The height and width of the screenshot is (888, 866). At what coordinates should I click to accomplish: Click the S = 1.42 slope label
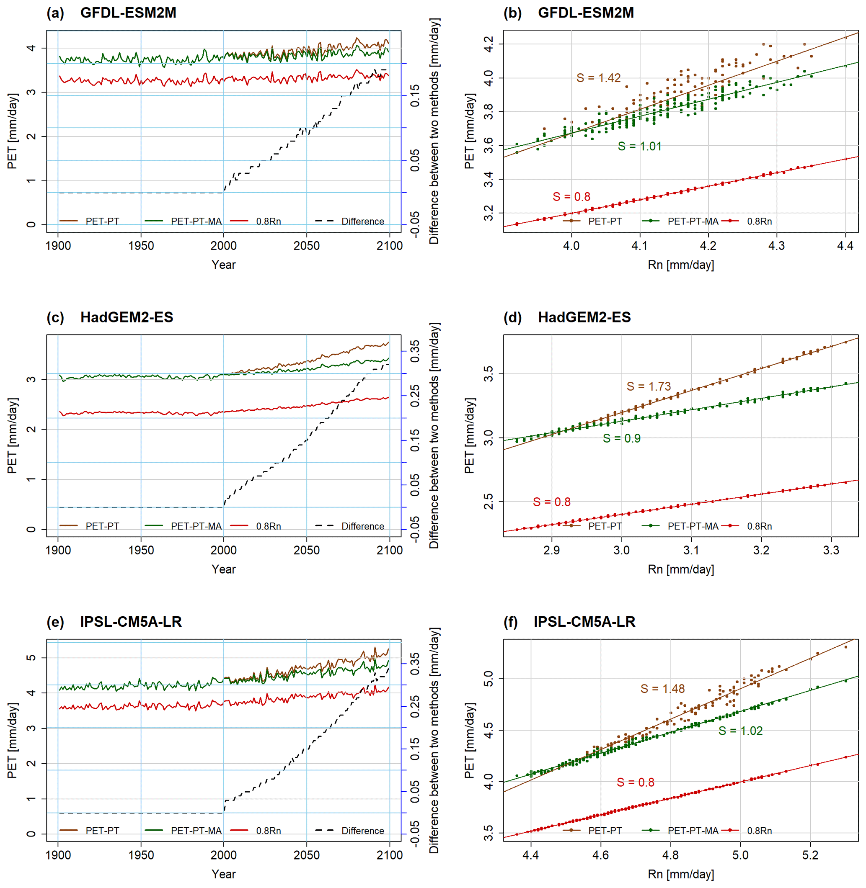click(598, 78)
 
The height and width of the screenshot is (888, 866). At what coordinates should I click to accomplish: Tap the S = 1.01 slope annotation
click(639, 147)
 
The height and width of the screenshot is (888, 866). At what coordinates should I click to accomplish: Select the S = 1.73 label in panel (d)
click(648, 386)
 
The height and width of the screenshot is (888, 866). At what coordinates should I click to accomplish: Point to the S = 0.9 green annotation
click(621, 438)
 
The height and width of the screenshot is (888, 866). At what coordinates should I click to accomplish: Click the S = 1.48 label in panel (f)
click(662, 689)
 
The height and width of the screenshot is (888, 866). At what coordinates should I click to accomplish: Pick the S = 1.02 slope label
click(740, 731)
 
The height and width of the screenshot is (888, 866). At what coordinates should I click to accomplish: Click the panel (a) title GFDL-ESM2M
click(128, 13)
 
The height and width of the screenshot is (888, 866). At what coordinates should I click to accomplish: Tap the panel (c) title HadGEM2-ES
click(127, 317)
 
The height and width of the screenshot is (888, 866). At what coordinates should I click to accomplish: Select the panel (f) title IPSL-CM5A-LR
click(584, 622)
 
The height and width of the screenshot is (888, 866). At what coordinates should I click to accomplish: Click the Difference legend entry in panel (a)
click(362, 221)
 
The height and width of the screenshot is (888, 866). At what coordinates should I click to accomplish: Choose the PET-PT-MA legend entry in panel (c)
click(196, 526)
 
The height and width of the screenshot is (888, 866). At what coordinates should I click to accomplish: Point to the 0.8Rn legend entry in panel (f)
click(759, 831)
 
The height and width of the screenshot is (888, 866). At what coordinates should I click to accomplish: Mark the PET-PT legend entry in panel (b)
click(605, 221)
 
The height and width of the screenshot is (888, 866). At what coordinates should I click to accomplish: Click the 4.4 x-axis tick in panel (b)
click(845, 246)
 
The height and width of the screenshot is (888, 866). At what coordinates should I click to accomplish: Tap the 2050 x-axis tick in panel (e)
click(306, 855)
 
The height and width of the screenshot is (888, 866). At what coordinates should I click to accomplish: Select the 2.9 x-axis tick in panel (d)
click(551, 550)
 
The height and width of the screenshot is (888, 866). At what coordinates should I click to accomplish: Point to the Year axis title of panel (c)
click(223, 569)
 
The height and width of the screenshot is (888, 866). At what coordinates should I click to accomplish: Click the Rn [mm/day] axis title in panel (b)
click(680, 265)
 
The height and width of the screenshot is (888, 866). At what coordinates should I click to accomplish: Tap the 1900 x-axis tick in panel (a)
click(58, 246)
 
